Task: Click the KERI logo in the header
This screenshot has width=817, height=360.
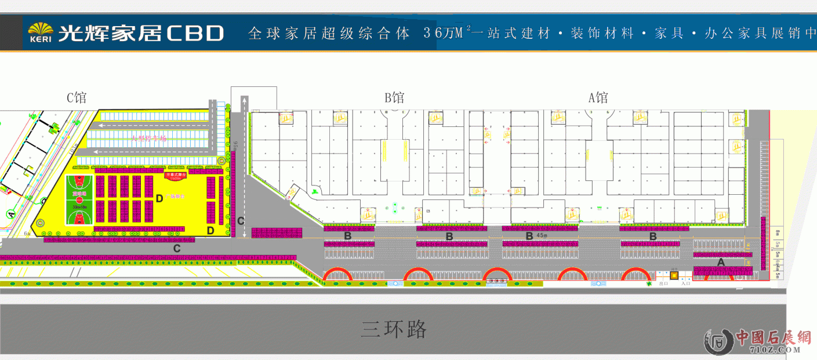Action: pos(41,34)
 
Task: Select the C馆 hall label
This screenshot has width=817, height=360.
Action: pos(77,97)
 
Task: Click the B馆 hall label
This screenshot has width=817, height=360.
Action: pos(394,97)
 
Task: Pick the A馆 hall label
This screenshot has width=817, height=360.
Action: pos(598,97)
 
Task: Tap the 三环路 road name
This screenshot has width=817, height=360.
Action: pos(394,329)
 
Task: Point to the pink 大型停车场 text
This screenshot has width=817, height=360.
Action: pos(148,139)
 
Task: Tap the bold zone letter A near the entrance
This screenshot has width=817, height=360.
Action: pos(721,262)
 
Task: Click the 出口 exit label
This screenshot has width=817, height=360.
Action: pos(664,283)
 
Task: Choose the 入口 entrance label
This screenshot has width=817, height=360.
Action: pos(685,283)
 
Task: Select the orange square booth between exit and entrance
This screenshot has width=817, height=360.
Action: pos(674,275)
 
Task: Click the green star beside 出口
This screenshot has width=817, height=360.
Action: pos(647,284)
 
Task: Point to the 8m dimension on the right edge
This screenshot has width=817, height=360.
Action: pos(778,232)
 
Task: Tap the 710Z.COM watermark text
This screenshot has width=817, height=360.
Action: pos(775,350)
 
